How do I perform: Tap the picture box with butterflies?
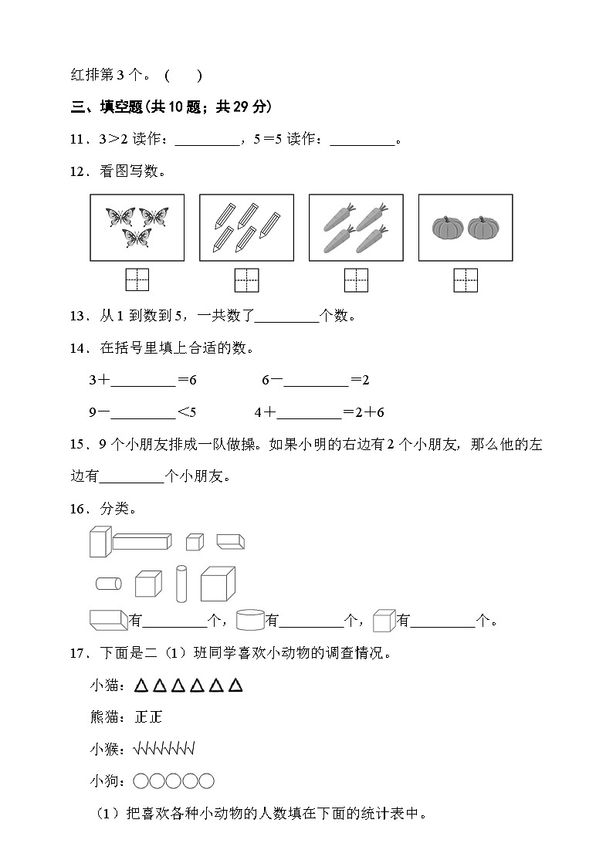pos(137,227)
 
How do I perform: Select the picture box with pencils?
pos(246,227)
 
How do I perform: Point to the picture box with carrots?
pos(356,227)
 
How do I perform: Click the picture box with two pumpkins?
pos(466,227)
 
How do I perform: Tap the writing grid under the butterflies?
pos(137,279)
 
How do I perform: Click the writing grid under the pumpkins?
pos(466,279)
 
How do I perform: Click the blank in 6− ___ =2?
pos(316,380)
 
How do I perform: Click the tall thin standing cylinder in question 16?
pos(181,583)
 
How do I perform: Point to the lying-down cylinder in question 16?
pos(109,584)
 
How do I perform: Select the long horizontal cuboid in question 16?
pos(142,541)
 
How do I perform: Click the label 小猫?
pos(104,686)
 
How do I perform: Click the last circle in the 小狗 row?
pos(206,781)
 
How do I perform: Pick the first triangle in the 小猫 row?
pos(141,686)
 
